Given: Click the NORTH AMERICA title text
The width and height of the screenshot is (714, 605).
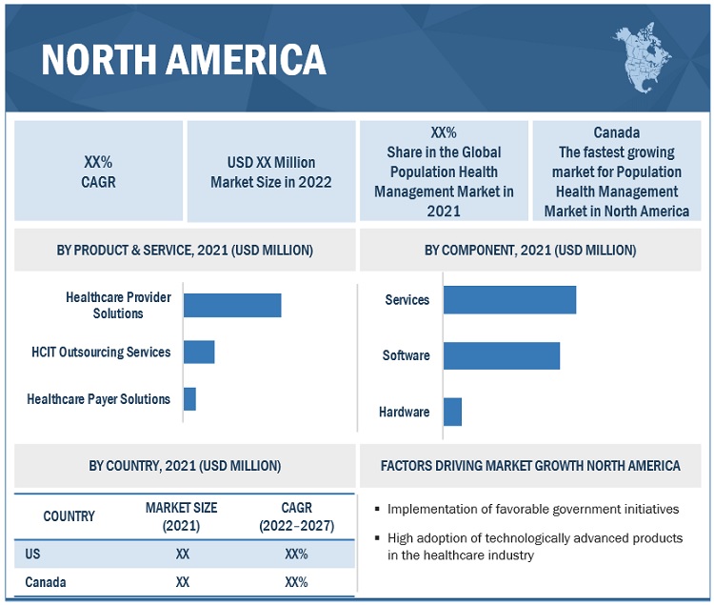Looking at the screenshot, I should tap(184, 59).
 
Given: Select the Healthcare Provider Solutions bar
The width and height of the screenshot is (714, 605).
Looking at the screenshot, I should tap(232, 305).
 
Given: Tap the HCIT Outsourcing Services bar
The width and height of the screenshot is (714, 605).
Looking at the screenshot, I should tap(199, 352).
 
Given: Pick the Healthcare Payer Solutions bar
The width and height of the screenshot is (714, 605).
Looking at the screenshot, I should tap(189, 399).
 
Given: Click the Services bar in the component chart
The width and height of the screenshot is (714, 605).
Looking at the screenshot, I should tap(509, 299).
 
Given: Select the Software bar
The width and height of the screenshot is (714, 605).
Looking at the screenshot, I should tap(501, 355).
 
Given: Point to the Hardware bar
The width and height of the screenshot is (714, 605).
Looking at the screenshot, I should tap(452, 412).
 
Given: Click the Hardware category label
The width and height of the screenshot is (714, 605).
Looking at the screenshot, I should tap(405, 412).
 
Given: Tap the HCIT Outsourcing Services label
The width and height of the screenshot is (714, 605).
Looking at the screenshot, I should tap(101, 352).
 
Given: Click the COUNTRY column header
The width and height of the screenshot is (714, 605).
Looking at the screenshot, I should tap(69, 516).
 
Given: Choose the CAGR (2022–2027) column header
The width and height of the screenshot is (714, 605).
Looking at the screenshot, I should tap(296, 516).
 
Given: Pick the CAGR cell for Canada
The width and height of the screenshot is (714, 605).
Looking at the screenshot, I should tap(296, 581).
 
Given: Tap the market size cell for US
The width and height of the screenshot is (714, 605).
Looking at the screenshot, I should tap(183, 554).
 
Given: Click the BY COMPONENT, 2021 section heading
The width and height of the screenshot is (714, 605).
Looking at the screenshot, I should tap(530, 251).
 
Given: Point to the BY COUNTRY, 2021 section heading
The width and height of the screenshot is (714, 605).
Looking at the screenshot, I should tap(185, 466).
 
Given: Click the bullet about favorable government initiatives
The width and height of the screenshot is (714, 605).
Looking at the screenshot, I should tap(533, 509).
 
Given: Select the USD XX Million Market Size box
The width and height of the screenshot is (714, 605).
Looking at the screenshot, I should tap(271, 172).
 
